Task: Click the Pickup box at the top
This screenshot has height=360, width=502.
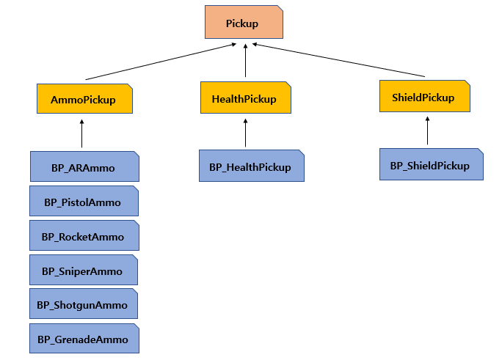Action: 241,24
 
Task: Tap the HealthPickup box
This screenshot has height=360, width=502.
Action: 245,99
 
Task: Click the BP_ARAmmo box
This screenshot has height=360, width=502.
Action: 84,167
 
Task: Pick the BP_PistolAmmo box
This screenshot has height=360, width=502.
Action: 84,202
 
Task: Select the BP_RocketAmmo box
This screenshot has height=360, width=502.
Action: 84,236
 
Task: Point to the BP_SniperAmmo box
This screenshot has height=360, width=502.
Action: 84,271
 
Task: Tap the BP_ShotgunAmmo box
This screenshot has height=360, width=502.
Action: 84,305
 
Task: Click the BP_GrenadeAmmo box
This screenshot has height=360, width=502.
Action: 84,339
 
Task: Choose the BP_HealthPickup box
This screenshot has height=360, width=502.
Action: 250,166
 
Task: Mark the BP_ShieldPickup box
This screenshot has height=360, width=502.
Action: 431,165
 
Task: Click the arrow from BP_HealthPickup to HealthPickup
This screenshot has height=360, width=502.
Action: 245,133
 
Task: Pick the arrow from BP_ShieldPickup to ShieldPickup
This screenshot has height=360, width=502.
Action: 427,131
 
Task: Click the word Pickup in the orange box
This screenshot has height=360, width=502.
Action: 241,24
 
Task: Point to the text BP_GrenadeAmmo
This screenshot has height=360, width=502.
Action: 84,339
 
